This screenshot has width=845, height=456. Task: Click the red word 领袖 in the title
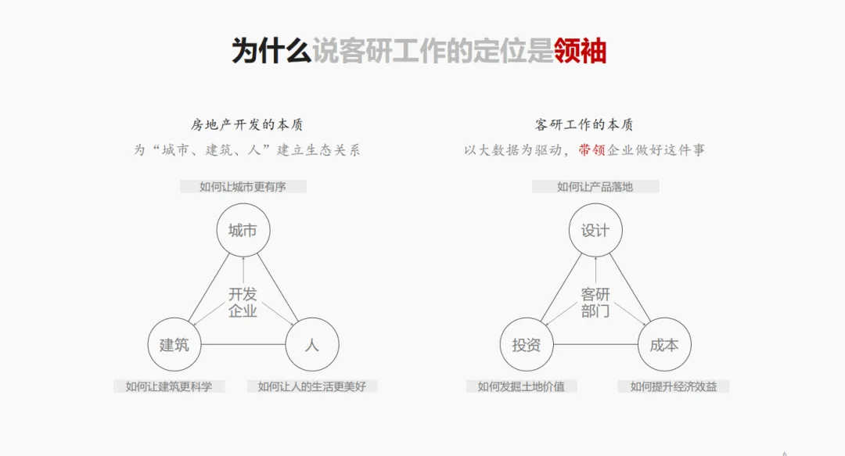click(x=580, y=51)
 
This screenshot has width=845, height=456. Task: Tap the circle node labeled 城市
click(x=243, y=230)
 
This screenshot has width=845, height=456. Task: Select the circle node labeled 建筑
click(x=174, y=344)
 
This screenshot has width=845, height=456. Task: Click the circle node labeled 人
click(x=311, y=344)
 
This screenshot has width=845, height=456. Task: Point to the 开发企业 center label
click(x=243, y=303)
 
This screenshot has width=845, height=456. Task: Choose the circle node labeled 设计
click(x=595, y=230)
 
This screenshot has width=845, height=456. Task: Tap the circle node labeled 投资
click(x=527, y=344)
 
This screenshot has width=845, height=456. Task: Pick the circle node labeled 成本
click(x=664, y=344)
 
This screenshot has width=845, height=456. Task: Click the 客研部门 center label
click(x=595, y=303)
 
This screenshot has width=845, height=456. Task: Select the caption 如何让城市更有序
click(x=243, y=187)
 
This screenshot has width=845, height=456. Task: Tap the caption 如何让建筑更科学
click(x=169, y=386)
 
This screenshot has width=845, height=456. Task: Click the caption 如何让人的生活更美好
click(x=311, y=386)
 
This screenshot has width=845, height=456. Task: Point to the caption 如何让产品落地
click(x=595, y=187)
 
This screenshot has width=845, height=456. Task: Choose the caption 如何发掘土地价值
click(x=521, y=386)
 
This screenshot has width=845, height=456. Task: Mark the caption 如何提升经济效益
click(x=674, y=386)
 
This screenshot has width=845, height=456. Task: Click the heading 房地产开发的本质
click(x=246, y=125)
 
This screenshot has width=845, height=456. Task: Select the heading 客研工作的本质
click(x=584, y=125)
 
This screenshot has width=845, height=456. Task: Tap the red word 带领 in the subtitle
click(x=592, y=150)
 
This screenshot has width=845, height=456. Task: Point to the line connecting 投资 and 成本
click(x=595, y=344)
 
